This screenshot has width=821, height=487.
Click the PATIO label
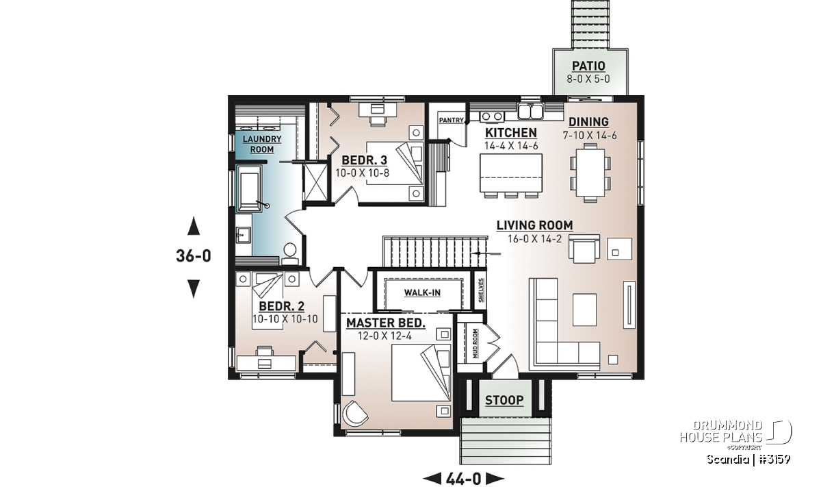588,66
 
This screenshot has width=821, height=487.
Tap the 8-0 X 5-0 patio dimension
588,79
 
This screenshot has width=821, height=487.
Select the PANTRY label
451,120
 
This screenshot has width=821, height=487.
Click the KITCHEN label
511,133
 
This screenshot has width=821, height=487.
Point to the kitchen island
511,173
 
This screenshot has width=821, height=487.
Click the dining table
590,173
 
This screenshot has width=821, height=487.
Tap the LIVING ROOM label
535,225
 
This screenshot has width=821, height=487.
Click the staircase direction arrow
486,253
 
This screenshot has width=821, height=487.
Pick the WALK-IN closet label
422,292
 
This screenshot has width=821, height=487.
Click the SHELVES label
481,290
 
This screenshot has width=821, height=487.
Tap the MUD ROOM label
475,344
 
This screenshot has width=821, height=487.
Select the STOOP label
504,400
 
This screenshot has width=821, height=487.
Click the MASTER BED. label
386,323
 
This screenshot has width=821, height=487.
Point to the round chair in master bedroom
355,414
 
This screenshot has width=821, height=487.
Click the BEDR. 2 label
281,306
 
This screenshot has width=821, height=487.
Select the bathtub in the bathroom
250,188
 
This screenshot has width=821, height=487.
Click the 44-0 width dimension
464,479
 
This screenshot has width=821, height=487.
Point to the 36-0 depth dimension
194,255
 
